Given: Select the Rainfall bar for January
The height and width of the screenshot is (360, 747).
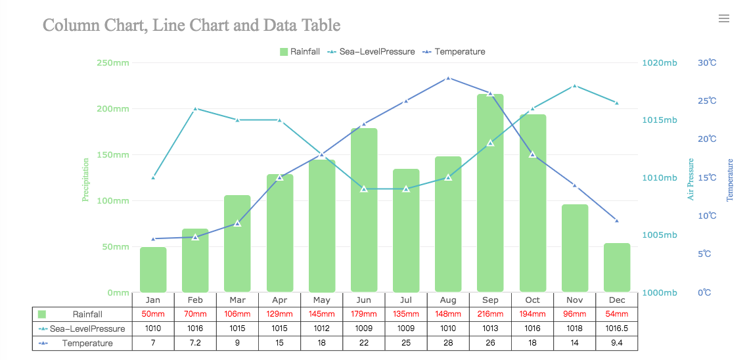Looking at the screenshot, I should click(153, 269).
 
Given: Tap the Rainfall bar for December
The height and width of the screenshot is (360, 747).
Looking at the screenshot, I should click(617, 267).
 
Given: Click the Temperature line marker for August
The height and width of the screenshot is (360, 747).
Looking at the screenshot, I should click(448, 78).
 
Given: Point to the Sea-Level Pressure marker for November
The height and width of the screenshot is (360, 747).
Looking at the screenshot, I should click(575, 86).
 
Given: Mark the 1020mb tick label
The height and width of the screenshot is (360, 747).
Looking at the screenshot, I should click(659, 63).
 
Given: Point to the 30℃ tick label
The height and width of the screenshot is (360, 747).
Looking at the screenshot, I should click(707, 63).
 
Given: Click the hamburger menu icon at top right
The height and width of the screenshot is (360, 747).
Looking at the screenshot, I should click(724, 18).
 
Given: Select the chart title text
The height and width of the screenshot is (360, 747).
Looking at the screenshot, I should click(191, 26).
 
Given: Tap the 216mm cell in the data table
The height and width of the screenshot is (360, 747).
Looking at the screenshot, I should click(490, 314).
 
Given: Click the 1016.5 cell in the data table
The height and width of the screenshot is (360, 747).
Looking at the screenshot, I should click(617, 328).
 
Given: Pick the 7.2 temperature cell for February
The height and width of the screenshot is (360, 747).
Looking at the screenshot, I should click(195, 343).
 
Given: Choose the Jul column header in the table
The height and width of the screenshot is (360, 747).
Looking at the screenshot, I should click(406, 300).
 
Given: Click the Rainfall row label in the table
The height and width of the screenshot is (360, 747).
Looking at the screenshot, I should click(87, 314).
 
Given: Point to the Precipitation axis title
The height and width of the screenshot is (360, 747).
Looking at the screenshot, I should click(85, 179).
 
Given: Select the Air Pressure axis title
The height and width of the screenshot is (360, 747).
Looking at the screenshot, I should click(690, 179).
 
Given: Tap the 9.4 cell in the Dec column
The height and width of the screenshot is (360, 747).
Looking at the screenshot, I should click(617, 343).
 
